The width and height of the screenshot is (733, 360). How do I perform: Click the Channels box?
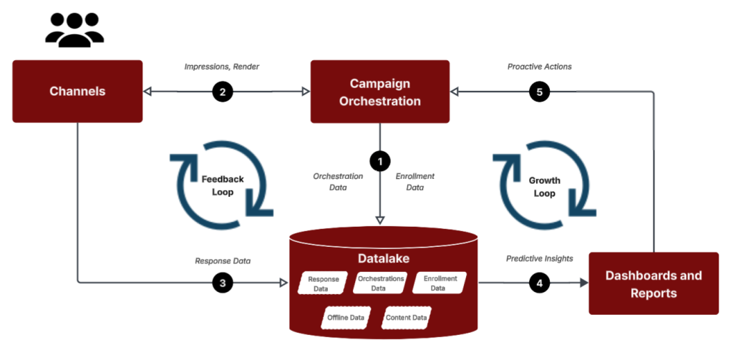click(x=77, y=92)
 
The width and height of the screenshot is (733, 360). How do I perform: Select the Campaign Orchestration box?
click(x=379, y=92)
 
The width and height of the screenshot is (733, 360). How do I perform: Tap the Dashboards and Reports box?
click(x=654, y=283)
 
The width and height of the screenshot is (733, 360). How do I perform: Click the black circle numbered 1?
click(x=380, y=160)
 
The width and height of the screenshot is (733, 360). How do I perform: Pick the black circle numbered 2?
click(x=223, y=92)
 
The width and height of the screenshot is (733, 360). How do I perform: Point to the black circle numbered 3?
click(x=223, y=283)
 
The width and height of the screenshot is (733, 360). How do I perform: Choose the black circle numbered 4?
click(x=540, y=283)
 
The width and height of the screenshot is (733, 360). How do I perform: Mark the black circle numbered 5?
click(x=540, y=92)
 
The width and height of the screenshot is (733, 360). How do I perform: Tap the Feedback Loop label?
click(x=223, y=186)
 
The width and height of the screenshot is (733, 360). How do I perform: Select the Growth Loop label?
click(x=545, y=186)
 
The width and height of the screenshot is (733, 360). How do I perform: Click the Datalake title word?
click(x=383, y=256)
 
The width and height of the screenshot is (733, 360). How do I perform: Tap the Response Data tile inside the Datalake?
click(x=323, y=283)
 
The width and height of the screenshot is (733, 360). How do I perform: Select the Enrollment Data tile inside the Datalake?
click(x=440, y=283)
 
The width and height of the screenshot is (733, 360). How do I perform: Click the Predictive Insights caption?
click(x=539, y=258)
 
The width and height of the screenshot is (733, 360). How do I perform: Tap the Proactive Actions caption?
click(x=539, y=67)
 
